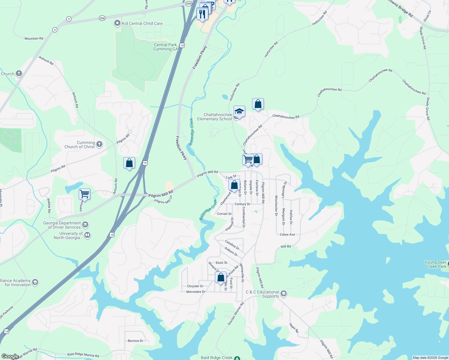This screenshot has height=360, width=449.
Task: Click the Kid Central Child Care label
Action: coord(142,23)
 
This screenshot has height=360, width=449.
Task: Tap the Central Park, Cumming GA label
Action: coord(166,47)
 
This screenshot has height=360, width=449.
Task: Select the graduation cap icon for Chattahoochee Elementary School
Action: coord(239,112)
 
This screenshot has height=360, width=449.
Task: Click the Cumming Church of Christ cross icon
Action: coord(99,144)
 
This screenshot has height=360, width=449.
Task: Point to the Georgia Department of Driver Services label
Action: coord(62,225)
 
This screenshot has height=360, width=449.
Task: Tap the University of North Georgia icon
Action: coord(87,235)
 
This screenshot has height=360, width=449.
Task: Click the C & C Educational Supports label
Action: coord(262,294)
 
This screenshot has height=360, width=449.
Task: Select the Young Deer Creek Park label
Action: coord(435,264)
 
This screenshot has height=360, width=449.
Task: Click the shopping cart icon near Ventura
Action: coord(84,194)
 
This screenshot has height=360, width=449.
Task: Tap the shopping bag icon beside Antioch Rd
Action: coord(129,163)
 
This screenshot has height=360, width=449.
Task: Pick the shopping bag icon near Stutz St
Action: coord(221,277)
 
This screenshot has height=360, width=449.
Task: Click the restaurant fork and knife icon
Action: coord(202,14)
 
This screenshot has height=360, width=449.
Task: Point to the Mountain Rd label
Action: coord(34,38)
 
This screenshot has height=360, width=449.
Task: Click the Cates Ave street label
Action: coord(287,235)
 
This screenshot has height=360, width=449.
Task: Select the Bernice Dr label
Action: coord(135,341)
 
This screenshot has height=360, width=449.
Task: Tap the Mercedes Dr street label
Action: coord(196,292)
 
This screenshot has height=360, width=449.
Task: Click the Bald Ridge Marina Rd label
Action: coord(83,355)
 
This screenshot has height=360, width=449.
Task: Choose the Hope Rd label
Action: coord(294,328)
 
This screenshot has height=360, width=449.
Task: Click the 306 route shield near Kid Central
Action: coord(102,18)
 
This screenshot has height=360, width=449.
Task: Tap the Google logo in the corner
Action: coord(10,356)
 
